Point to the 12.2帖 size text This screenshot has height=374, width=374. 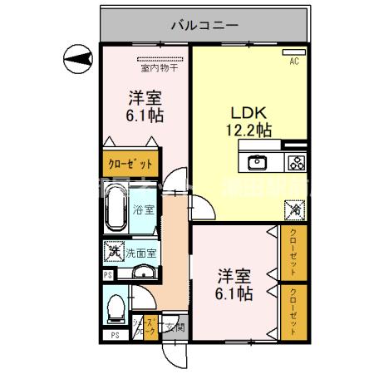point(248,130)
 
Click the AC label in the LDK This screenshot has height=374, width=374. point(294,62)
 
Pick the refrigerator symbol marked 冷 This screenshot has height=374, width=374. point(295,211)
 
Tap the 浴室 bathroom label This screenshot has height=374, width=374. point(143,209)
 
